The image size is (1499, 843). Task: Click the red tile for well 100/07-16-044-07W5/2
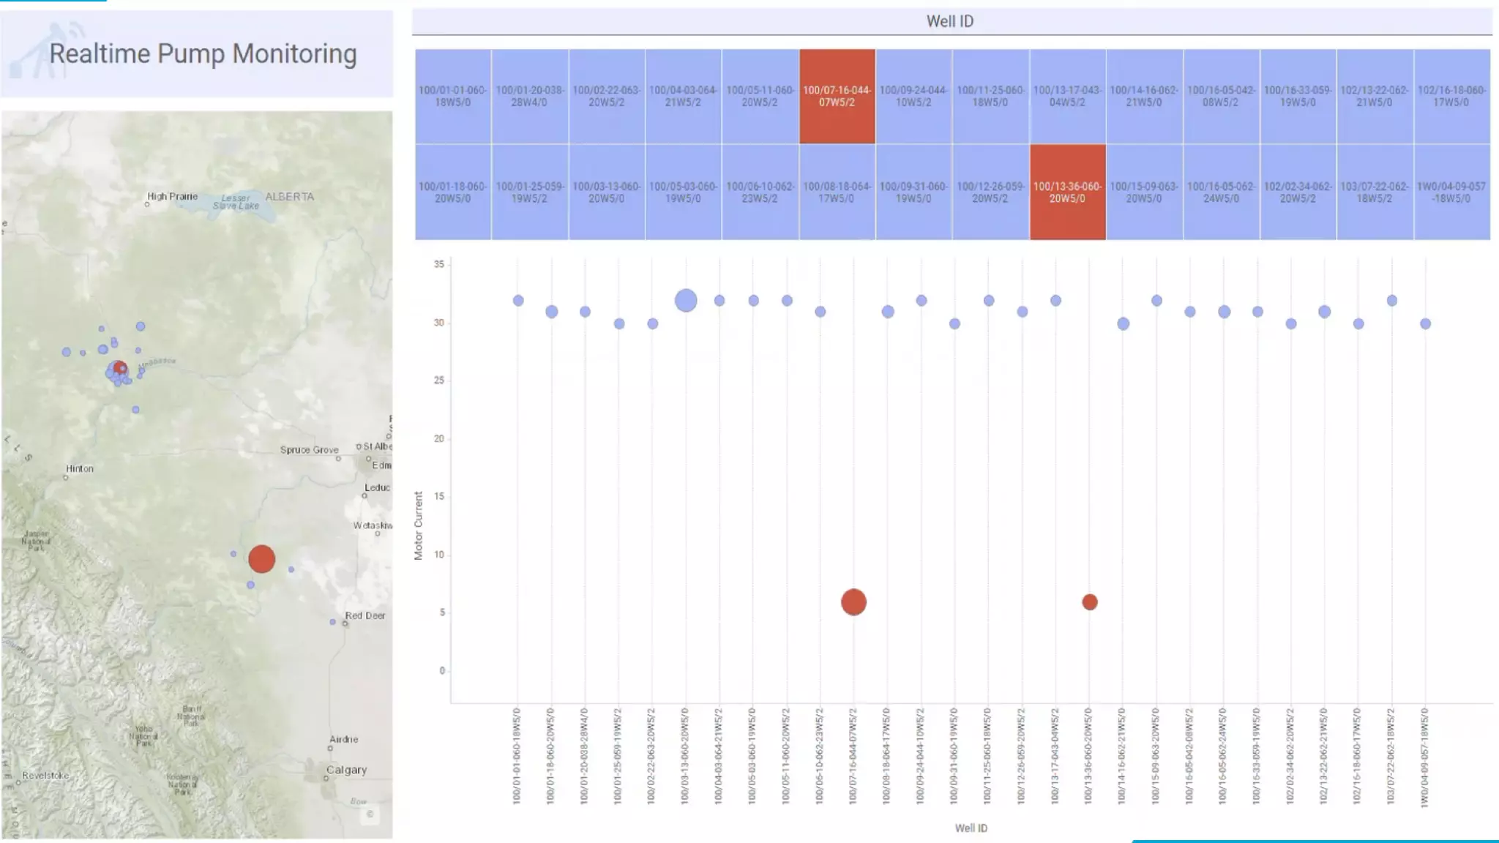pyautogui.click(x=837, y=96)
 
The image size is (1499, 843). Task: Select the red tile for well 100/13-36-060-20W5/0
pyautogui.click(x=1067, y=192)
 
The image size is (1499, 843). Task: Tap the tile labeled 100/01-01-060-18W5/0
pyautogui.click(x=452, y=96)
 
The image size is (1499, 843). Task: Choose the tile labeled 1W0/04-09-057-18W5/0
pyautogui.click(x=1451, y=192)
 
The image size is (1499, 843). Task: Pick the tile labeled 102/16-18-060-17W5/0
pyautogui.click(x=1451, y=96)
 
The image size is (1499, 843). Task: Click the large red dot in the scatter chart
pyautogui.click(x=853, y=602)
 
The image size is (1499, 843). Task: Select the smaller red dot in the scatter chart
pyautogui.click(x=1089, y=602)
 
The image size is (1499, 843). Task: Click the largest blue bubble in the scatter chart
pyautogui.click(x=685, y=300)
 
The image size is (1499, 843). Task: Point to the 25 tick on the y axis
pyautogui.click(x=439, y=381)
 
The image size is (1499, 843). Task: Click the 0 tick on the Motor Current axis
pyautogui.click(x=442, y=670)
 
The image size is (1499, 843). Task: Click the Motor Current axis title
pyautogui.click(x=419, y=525)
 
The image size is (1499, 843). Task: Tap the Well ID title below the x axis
pyautogui.click(x=971, y=828)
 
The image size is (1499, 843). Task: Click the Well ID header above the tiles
pyautogui.click(x=950, y=21)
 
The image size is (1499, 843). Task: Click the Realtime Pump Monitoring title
pyautogui.click(x=203, y=53)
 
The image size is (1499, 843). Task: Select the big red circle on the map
pyautogui.click(x=261, y=559)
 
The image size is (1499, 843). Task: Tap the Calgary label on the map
pyautogui.click(x=346, y=770)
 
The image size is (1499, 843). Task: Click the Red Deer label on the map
pyautogui.click(x=365, y=615)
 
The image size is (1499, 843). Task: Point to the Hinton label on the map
pyautogui.click(x=80, y=468)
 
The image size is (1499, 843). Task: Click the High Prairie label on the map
pyautogui.click(x=172, y=196)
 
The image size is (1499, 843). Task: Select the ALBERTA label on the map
pyautogui.click(x=289, y=196)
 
